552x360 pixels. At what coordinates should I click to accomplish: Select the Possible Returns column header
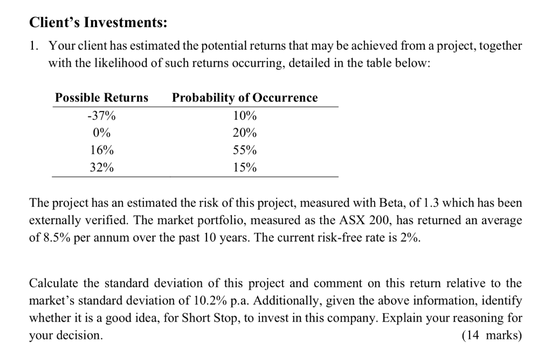coord(101,98)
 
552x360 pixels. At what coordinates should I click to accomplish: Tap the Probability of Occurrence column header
coord(245,98)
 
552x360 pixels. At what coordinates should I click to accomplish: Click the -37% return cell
coord(101,116)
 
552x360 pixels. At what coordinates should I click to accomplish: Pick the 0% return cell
coord(101,133)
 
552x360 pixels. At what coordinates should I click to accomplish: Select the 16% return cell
coord(101,150)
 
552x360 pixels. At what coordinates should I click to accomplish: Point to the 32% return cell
coord(101,168)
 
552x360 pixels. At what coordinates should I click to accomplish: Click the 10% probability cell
coord(245,116)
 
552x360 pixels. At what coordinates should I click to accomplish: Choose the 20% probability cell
coord(245,133)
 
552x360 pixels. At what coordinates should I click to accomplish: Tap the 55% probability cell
coord(245,150)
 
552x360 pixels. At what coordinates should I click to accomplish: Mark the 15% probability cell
coord(245,168)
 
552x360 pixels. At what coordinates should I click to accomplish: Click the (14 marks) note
coord(492,335)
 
